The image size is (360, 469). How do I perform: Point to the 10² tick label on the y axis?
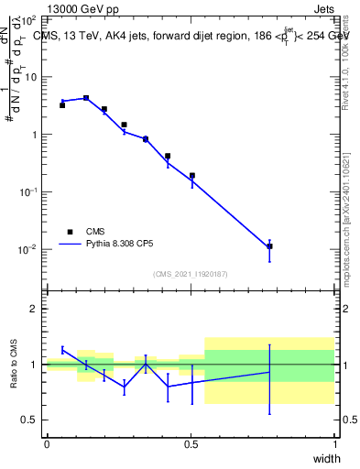[x=29, y=19]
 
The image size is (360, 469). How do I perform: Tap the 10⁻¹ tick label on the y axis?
[x=29, y=191]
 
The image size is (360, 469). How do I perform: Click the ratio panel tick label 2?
[x=34, y=309]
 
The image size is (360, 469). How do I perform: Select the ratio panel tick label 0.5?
[x=30, y=420]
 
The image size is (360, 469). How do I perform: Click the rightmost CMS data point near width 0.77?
[x=269, y=246]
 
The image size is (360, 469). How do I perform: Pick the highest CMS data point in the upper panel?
[x=86, y=98]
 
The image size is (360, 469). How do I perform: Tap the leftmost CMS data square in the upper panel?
[x=62, y=105]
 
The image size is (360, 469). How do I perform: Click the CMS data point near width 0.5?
[x=192, y=175]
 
